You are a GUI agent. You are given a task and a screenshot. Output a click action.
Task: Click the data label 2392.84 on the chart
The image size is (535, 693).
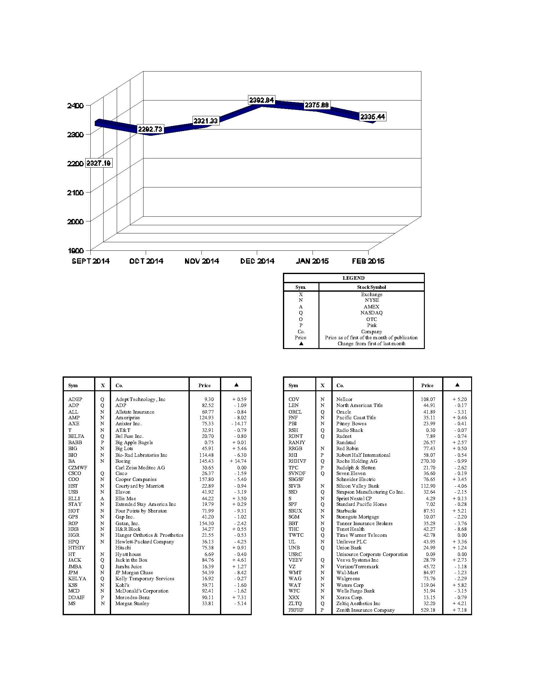pyautogui.click(x=262, y=100)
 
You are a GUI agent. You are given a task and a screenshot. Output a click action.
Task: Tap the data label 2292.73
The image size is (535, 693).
pyautogui.click(x=150, y=129)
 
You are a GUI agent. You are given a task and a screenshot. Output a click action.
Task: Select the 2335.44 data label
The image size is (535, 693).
pyautogui.click(x=372, y=117)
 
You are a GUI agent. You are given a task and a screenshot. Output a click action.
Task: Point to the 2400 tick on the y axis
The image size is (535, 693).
pyautogui.click(x=76, y=105)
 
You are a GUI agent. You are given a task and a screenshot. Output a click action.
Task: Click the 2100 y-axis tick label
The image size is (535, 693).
pyautogui.click(x=76, y=192)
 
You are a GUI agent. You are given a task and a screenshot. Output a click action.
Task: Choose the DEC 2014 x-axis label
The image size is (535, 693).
pyautogui.click(x=257, y=261)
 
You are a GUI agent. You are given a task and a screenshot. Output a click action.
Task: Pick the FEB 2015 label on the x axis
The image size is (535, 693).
pyautogui.click(x=368, y=261)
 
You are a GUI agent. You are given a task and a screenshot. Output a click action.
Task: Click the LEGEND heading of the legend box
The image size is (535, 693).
pyautogui.click(x=353, y=278)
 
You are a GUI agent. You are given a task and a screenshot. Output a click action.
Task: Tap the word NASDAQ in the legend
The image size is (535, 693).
pyautogui.click(x=371, y=312)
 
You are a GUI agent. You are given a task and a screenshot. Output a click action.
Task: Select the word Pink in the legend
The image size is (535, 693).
pyautogui.click(x=372, y=325)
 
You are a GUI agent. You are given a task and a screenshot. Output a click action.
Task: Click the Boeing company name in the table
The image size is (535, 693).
pyautogui.click(x=123, y=461)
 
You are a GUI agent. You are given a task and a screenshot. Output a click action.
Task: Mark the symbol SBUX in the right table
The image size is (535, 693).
pyautogui.click(x=295, y=511)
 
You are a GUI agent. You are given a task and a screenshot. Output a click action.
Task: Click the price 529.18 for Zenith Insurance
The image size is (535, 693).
pyautogui.click(x=428, y=610)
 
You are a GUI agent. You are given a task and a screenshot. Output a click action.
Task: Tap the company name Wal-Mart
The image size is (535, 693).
pyautogui.click(x=347, y=573)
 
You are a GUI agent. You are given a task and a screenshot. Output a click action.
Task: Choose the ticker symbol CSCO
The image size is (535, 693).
pyautogui.click(x=75, y=473)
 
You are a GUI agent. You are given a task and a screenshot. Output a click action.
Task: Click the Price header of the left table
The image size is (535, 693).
pyautogui.click(x=205, y=386)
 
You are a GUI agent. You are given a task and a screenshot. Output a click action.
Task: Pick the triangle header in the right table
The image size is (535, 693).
pyautogui.click(x=457, y=385)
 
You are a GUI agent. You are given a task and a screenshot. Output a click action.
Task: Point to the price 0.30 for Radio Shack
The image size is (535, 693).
pyautogui.click(x=431, y=430)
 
